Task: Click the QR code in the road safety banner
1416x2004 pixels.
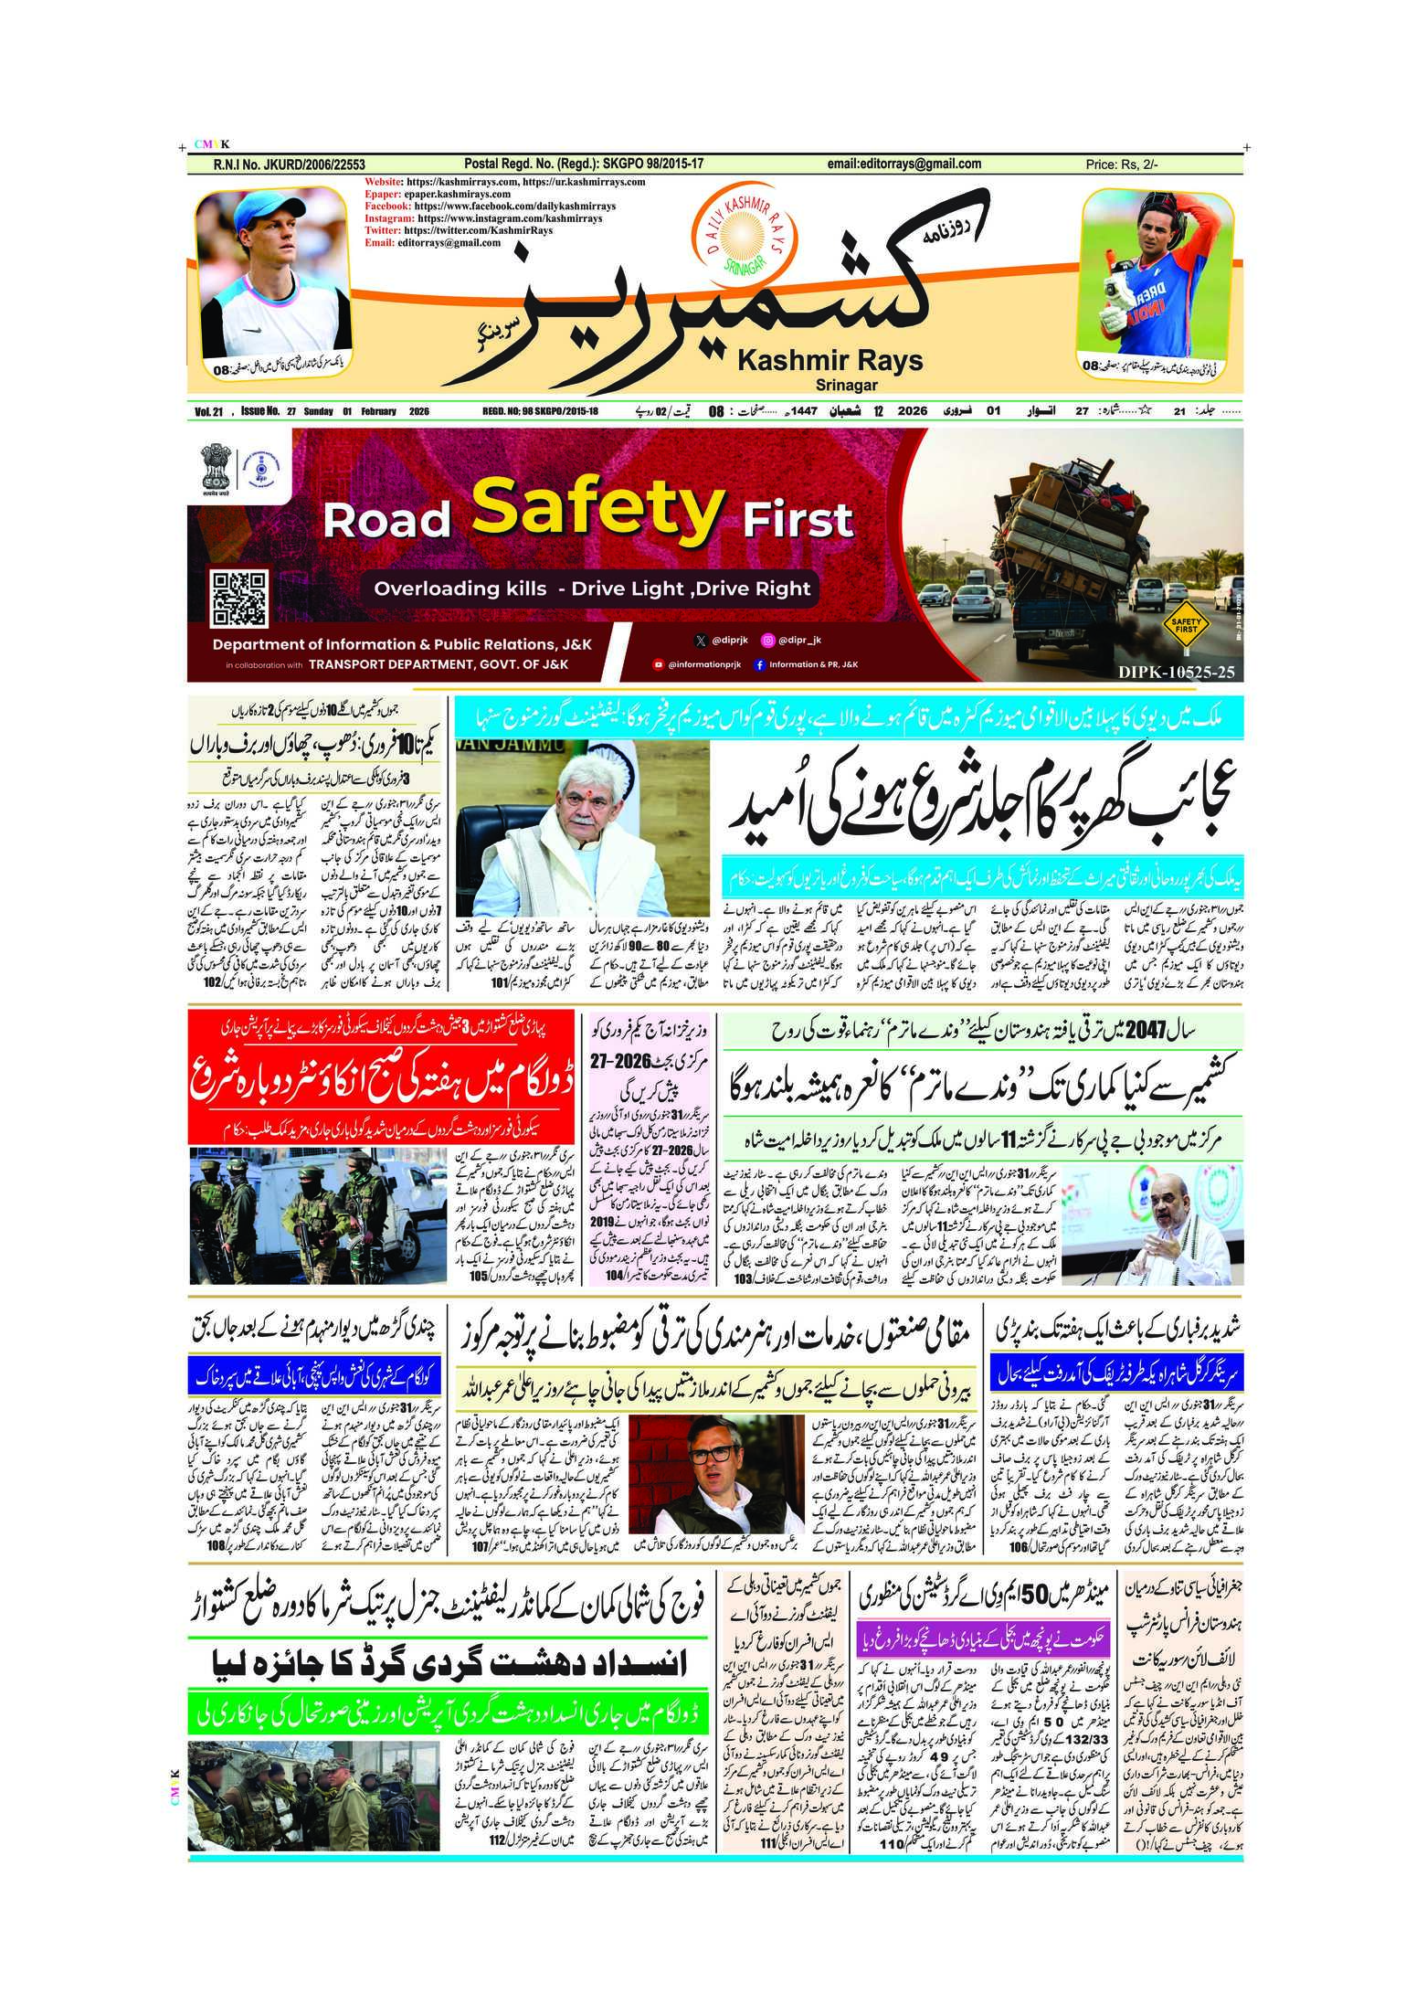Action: [x=238, y=599]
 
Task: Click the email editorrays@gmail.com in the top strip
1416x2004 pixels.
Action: [x=904, y=164]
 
